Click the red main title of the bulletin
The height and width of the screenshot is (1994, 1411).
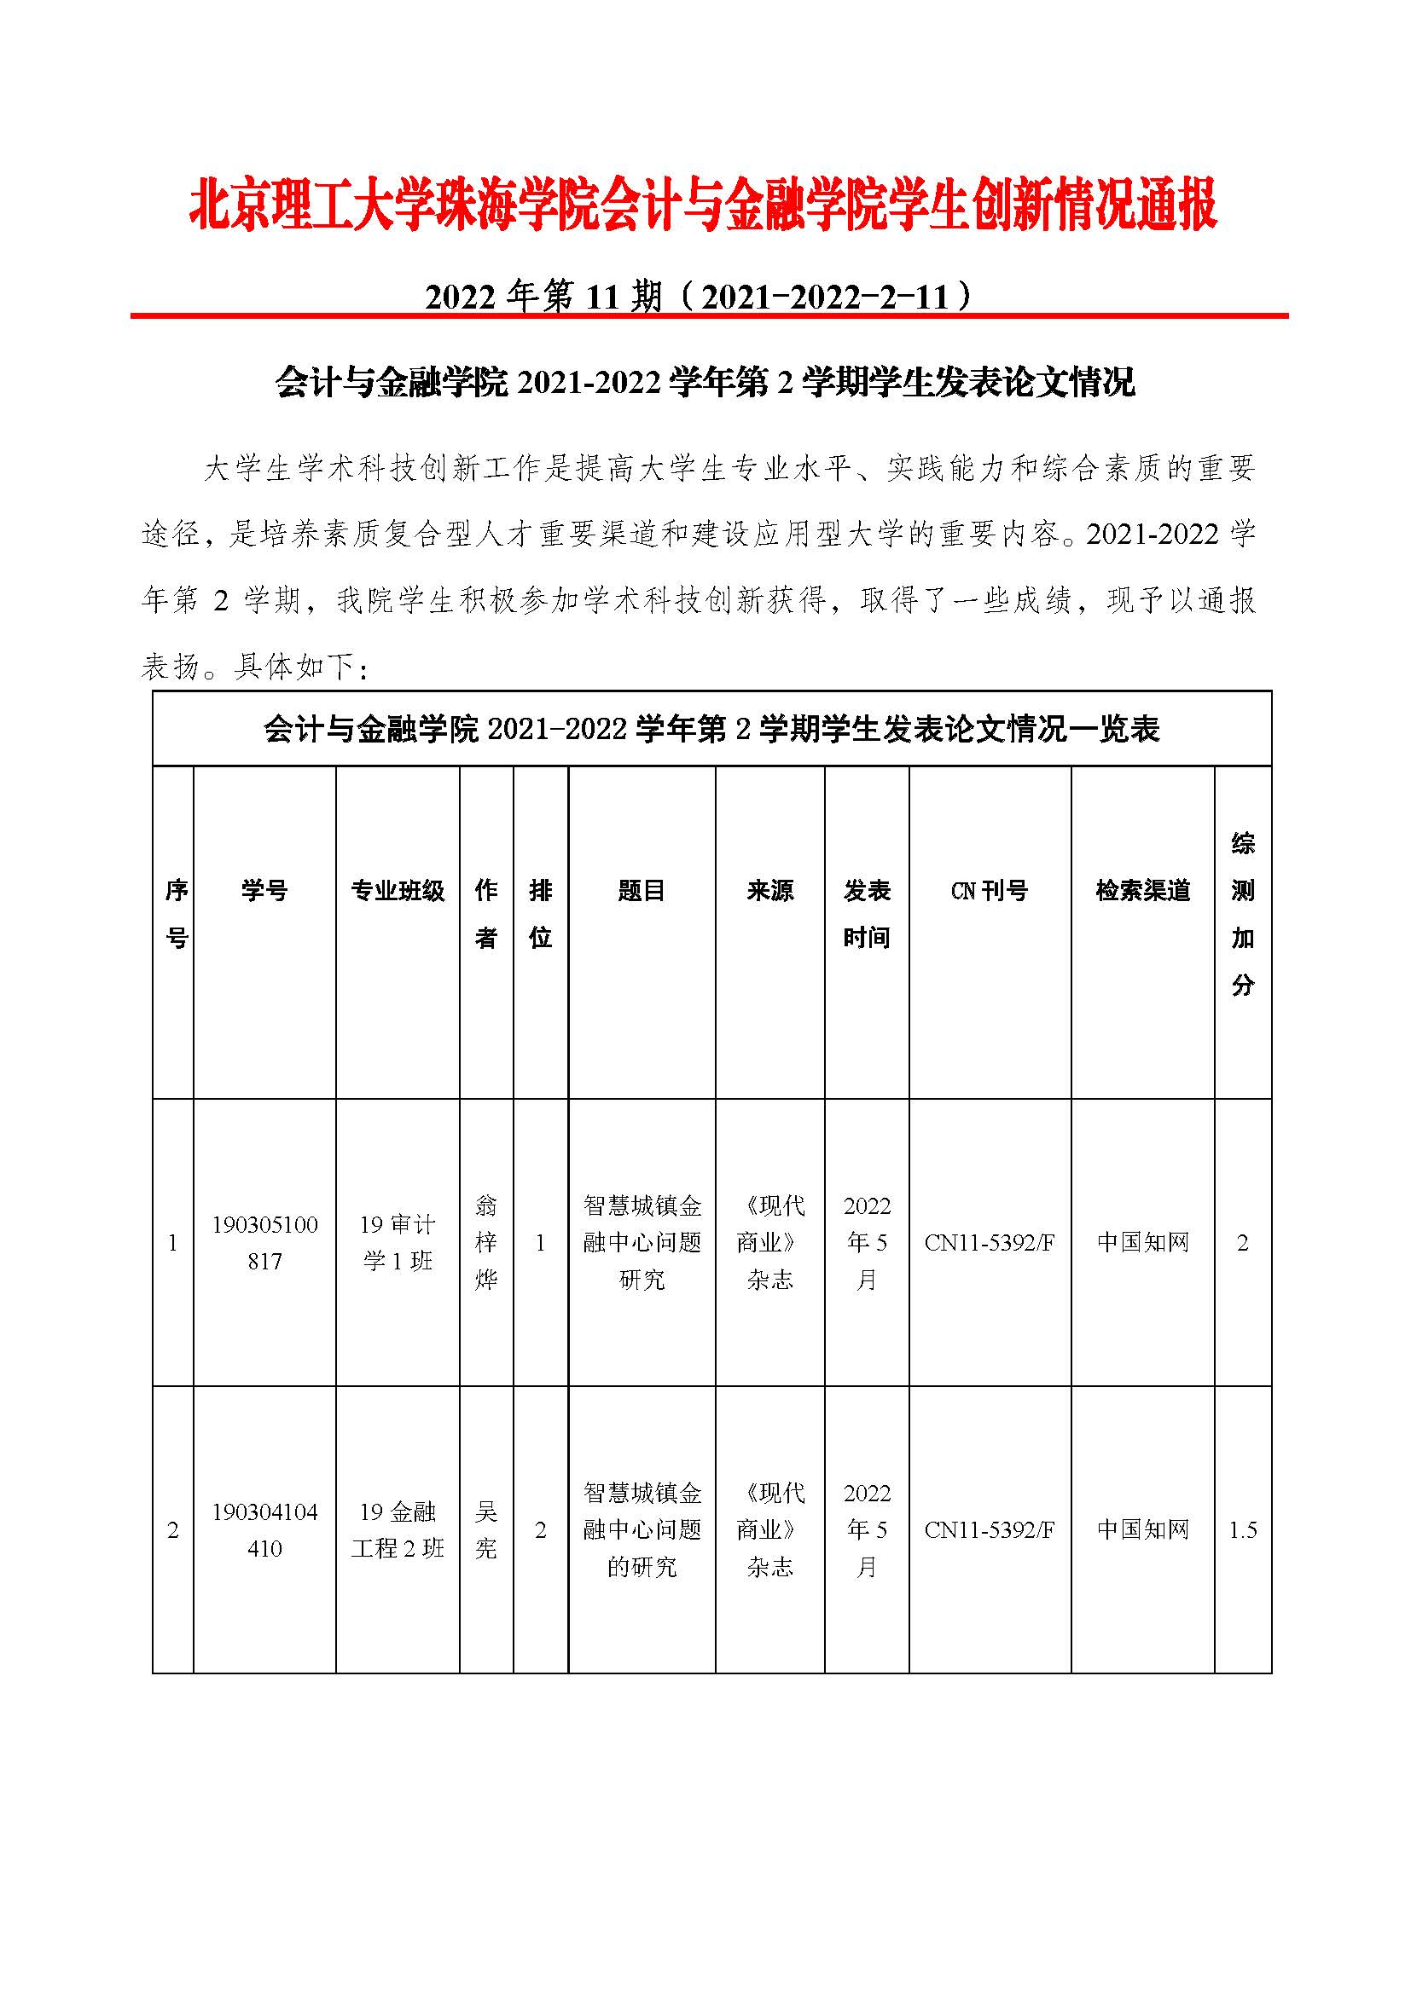click(704, 206)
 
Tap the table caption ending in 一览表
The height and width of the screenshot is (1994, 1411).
click(711, 730)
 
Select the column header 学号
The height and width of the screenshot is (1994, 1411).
click(264, 890)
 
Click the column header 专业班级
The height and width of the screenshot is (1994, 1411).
click(397, 890)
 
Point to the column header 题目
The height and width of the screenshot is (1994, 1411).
click(642, 890)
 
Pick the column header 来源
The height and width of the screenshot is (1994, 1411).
click(769, 890)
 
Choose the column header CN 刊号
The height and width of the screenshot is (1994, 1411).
click(990, 890)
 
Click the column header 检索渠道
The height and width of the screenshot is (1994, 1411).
click(1142, 890)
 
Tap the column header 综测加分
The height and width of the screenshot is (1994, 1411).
click(1242, 914)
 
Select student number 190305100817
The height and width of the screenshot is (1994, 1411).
click(264, 1243)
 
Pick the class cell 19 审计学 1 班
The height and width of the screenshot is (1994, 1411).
click(397, 1243)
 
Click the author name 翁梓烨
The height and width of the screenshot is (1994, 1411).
click(485, 1243)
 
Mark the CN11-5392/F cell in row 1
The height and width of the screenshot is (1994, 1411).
click(990, 1243)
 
